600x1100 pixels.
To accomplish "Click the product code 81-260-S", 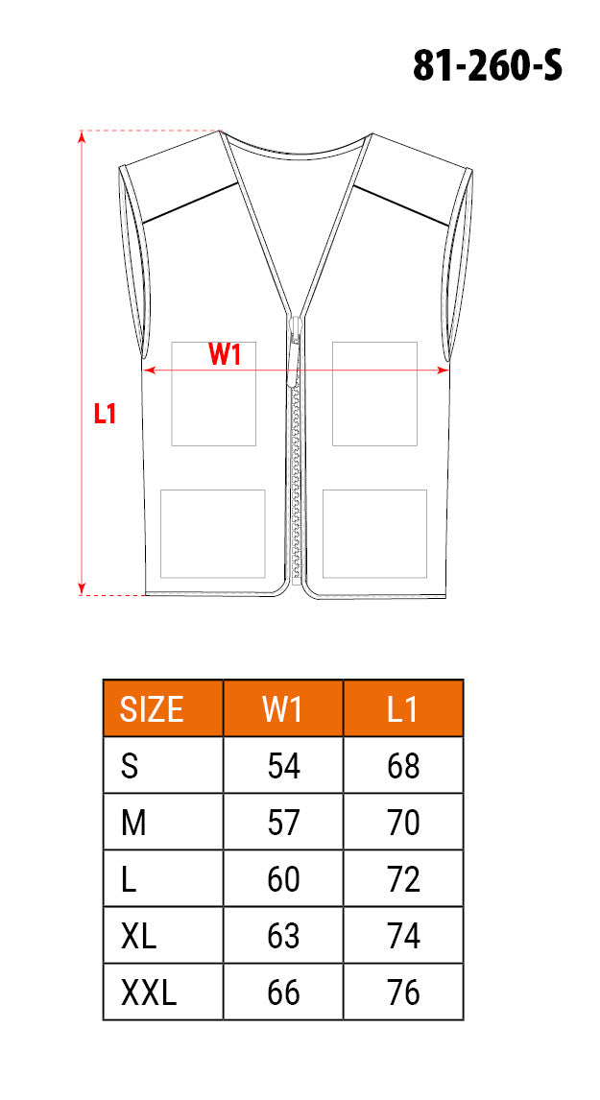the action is (x=487, y=67).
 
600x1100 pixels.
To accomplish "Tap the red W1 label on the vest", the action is (x=225, y=355).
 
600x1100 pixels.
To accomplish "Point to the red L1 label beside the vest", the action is (x=106, y=414).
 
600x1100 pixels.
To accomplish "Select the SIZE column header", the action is (x=152, y=709).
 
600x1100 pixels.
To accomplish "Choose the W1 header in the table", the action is (x=283, y=709).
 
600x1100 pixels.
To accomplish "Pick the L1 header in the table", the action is (x=403, y=709).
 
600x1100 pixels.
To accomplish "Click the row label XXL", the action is (x=149, y=992).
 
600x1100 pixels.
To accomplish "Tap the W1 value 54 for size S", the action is (x=283, y=766).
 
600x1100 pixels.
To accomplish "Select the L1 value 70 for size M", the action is (x=403, y=823).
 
